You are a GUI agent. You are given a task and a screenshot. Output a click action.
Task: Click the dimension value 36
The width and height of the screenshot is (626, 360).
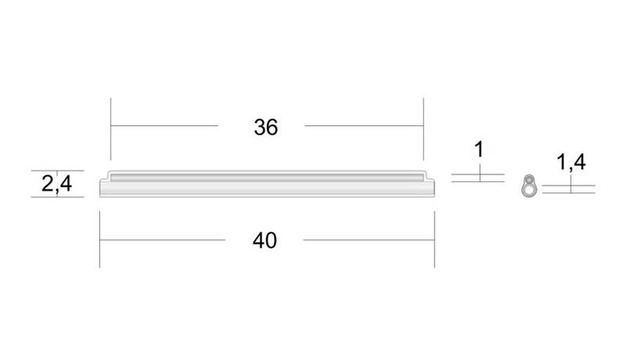[266, 128]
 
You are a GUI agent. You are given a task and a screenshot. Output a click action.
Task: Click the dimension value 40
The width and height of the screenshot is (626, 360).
[264, 241]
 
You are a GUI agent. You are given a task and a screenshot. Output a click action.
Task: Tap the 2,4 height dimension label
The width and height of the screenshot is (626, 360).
[56, 184]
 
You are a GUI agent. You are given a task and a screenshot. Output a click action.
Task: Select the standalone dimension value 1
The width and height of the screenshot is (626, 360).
[479, 149]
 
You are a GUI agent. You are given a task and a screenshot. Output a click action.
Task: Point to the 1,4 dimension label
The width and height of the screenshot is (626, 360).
[571, 163]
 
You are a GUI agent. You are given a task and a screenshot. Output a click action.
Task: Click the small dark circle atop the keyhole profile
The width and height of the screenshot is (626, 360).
[530, 179]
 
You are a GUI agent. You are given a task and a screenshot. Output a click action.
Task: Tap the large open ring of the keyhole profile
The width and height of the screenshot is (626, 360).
[529, 190]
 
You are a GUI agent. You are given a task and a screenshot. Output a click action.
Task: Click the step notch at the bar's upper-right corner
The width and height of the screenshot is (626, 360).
[429, 176]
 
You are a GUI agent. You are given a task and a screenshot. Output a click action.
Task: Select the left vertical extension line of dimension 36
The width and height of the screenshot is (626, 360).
[110, 128]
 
